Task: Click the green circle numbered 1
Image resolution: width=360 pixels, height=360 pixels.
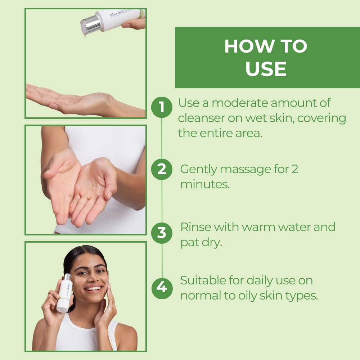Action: point(162,107)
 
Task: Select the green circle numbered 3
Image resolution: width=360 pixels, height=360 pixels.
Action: point(162,233)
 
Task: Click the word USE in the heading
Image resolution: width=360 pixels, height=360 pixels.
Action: point(266,69)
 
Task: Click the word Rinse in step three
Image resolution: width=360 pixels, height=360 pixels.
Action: point(195,227)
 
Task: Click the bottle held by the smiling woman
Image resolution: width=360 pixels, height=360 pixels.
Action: point(65,292)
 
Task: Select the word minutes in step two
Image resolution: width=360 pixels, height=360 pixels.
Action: point(204,185)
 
